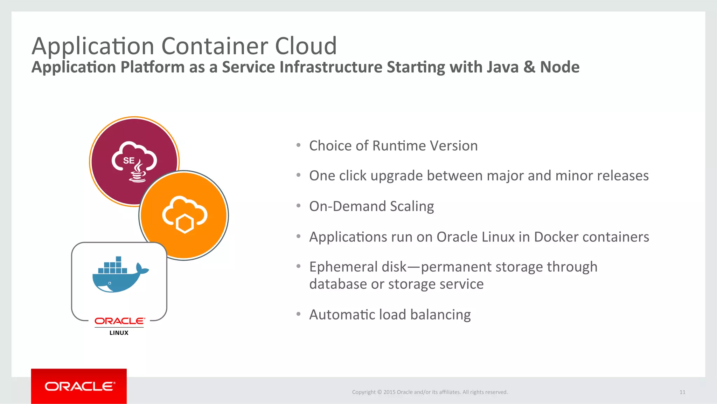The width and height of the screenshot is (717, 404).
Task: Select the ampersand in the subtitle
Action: click(529, 67)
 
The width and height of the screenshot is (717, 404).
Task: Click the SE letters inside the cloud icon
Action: click(128, 160)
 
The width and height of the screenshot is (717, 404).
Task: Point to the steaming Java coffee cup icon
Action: click(138, 172)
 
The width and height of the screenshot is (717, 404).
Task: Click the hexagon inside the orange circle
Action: click(185, 224)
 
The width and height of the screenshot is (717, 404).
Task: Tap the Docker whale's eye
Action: click(110, 283)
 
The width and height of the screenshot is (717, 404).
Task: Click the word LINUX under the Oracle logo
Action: click(119, 333)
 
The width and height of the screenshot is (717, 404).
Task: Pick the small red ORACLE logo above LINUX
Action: click(119, 321)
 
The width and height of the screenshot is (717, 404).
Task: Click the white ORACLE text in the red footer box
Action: click(79, 386)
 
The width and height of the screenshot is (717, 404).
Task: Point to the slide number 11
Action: click(682, 392)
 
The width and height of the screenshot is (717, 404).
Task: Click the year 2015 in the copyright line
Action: click(389, 392)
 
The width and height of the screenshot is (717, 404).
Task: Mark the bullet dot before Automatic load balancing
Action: click(298, 314)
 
